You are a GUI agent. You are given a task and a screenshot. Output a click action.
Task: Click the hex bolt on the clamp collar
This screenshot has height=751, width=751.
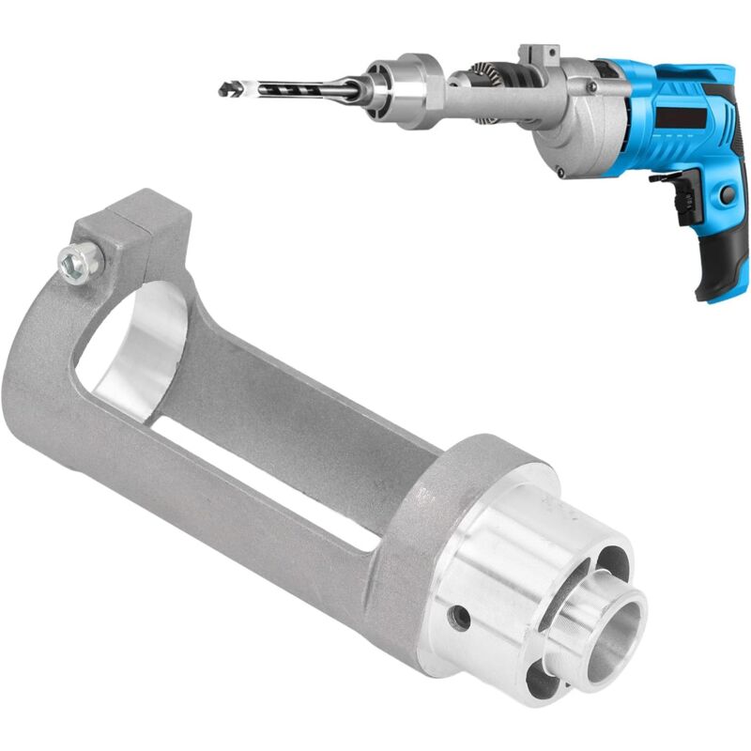pyautogui.click(x=80, y=264)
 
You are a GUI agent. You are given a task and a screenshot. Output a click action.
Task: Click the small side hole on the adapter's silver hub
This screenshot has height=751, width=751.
pyautogui.click(x=459, y=617)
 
